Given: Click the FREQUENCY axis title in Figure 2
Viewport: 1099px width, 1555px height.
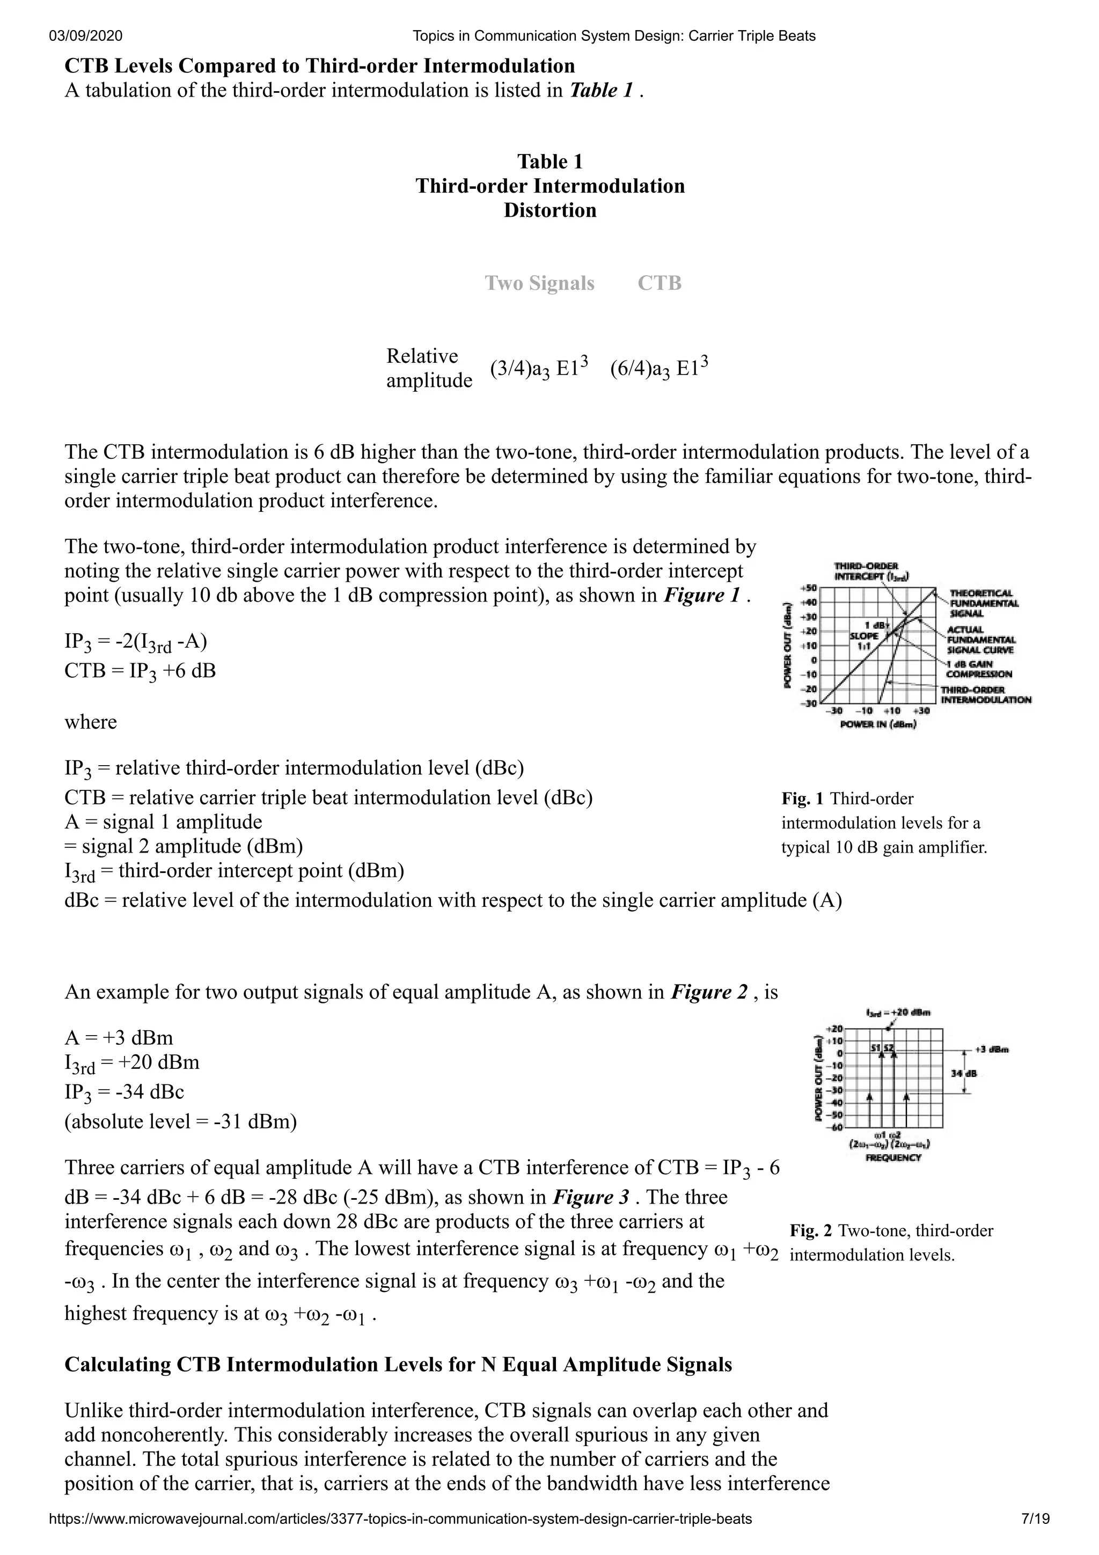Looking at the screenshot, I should coord(892,1157).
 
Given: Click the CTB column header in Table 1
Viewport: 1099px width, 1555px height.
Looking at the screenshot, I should coord(659,283).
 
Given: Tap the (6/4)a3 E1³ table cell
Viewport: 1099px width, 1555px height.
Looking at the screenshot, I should coord(659,368).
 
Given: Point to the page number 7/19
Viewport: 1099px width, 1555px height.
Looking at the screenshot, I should coord(1035,1537).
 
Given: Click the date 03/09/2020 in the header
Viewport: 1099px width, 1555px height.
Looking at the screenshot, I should coord(86,36).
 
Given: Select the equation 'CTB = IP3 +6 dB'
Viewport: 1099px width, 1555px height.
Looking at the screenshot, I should coord(140,671).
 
